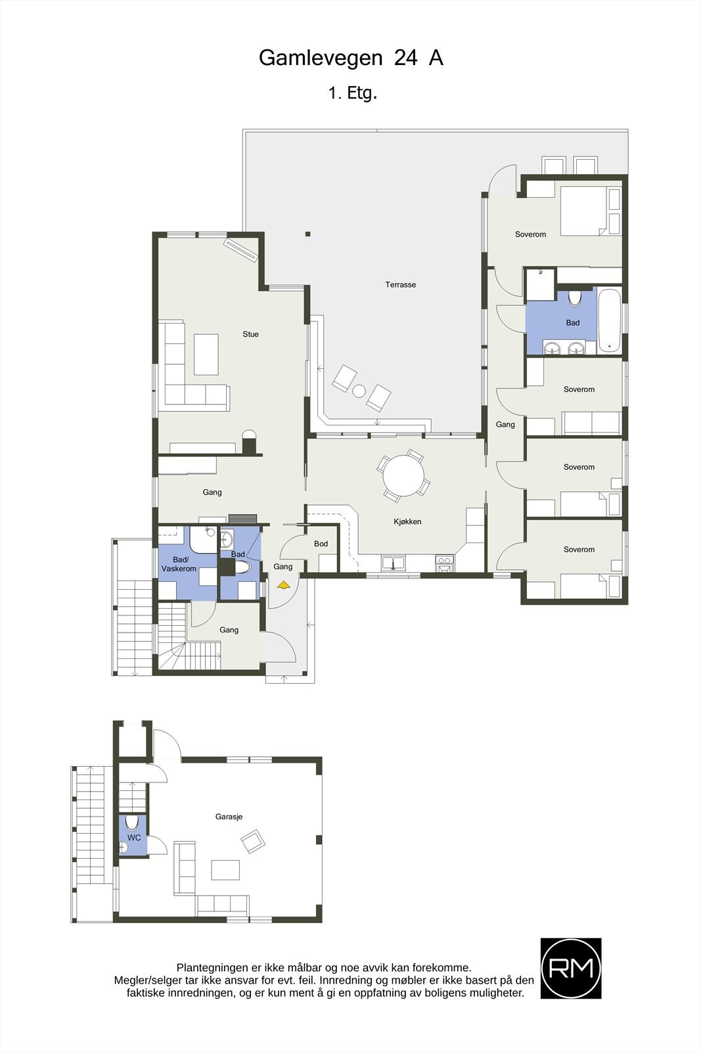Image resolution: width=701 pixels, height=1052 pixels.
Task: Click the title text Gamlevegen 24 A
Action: point(351,59)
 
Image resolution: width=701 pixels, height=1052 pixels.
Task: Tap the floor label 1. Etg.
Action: point(352,93)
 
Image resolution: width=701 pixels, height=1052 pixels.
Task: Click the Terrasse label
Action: point(400,285)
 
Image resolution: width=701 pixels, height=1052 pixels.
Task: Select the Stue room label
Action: point(250,334)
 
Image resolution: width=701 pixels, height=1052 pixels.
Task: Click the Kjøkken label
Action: point(407,521)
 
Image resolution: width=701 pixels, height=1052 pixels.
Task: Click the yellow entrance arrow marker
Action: point(283,584)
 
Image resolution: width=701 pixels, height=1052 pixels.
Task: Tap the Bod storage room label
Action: point(321,544)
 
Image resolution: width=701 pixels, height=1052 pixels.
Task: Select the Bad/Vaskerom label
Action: point(179,564)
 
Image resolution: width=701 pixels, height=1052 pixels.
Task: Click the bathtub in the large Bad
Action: point(610,320)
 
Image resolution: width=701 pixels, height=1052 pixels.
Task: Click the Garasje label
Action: point(229,817)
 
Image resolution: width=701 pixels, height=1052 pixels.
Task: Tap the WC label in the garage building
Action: point(134,838)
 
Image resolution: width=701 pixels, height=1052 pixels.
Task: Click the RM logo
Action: point(570,968)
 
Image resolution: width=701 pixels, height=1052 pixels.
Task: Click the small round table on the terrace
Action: point(359,391)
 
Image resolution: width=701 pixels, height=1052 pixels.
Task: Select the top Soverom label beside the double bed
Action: point(530,234)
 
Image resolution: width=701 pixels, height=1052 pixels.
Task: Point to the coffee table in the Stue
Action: point(206,354)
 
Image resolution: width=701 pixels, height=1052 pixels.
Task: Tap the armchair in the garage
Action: point(252,841)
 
